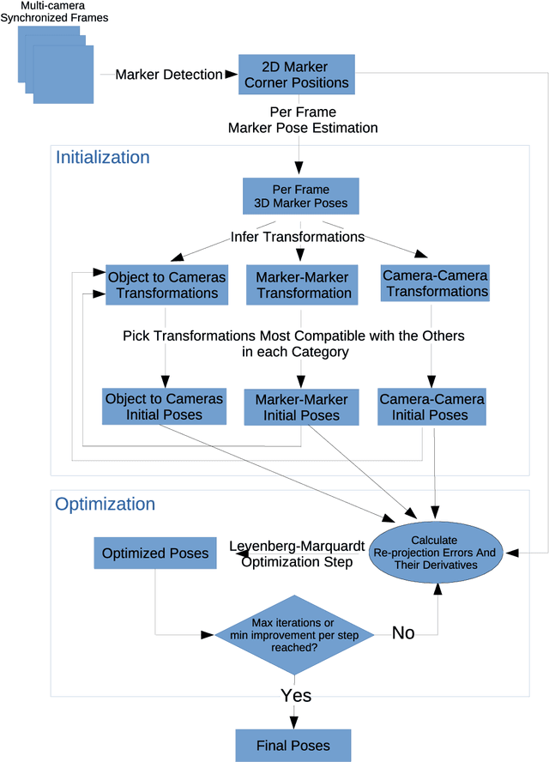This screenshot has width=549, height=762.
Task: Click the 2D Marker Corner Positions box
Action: [x=296, y=75]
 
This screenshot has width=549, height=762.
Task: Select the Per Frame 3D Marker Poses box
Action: [x=300, y=197]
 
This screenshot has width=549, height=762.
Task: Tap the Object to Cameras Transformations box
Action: [x=166, y=285]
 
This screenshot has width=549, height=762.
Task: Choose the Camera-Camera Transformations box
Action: [x=435, y=284]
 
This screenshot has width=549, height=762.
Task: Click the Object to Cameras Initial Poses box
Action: [x=164, y=407]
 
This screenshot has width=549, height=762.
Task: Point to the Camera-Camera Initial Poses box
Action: [x=431, y=407]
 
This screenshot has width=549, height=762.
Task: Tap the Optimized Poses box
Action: [x=155, y=553]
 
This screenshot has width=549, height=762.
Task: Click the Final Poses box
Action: [x=293, y=745]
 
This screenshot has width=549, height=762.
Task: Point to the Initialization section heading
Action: [x=102, y=158]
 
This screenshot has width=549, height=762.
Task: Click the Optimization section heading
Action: [x=105, y=505]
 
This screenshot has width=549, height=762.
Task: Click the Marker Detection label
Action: [x=168, y=75]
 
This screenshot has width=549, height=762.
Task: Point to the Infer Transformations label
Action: [x=298, y=236]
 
